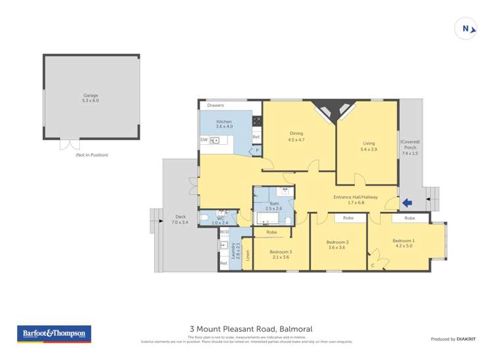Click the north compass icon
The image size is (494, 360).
pyautogui.click(x=466, y=29)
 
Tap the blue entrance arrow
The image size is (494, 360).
pyautogui.click(x=408, y=203)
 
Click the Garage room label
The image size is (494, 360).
pyautogui.click(x=91, y=98)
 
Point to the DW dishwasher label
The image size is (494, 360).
pyautogui.click(x=204, y=140)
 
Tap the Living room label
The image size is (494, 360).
pyautogui.click(x=369, y=146)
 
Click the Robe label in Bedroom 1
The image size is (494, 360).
pyautogui.click(x=409, y=218)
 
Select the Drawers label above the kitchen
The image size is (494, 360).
pyautogui.click(x=215, y=105)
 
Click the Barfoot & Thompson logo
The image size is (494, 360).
pyautogui.click(x=53, y=334)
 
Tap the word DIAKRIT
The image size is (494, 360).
pyautogui.click(x=466, y=339)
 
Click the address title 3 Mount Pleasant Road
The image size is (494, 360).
pyautogui.click(x=250, y=329)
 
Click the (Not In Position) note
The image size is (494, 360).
pyautogui.click(x=92, y=155)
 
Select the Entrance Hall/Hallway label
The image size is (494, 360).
pyautogui.click(x=356, y=197)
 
